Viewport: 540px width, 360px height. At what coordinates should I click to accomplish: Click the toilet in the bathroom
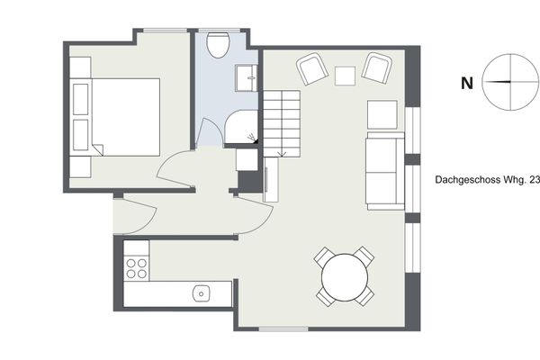pyautogui.click(x=218, y=45)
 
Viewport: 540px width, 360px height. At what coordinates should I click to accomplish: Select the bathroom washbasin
pyautogui.click(x=247, y=78)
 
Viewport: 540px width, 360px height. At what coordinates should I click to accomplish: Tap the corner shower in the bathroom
pyautogui.click(x=241, y=126)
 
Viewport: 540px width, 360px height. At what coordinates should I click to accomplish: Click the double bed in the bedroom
pyautogui.click(x=115, y=117)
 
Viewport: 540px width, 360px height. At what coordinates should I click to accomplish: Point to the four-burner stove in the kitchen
pyautogui.click(x=137, y=268)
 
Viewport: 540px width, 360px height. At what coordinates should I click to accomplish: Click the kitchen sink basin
pyautogui.click(x=202, y=293)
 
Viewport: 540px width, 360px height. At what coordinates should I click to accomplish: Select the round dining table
pyautogui.click(x=345, y=277)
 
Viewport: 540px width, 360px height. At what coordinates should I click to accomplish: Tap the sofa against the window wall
pyautogui.click(x=386, y=171)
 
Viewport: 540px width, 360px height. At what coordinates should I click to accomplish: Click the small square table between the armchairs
pyautogui.click(x=345, y=76)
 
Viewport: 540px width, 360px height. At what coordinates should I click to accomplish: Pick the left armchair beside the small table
pyautogui.click(x=311, y=68)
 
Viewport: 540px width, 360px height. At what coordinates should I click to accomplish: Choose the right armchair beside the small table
pyautogui.click(x=376, y=67)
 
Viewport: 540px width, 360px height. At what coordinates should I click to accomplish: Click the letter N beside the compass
pyautogui.click(x=466, y=84)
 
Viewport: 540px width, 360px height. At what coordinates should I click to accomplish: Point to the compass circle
pyautogui.click(x=482, y=82)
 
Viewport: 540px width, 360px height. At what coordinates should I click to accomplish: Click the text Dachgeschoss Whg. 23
pyautogui.click(x=487, y=180)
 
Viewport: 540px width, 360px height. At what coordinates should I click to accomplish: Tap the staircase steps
pyautogui.click(x=282, y=123)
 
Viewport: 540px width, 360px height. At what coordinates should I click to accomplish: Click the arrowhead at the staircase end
pyautogui.click(x=282, y=155)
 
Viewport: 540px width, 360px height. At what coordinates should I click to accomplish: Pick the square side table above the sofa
pyautogui.click(x=382, y=114)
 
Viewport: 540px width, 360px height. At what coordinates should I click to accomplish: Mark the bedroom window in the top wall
pyautogui.click(x=165, y=31)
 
